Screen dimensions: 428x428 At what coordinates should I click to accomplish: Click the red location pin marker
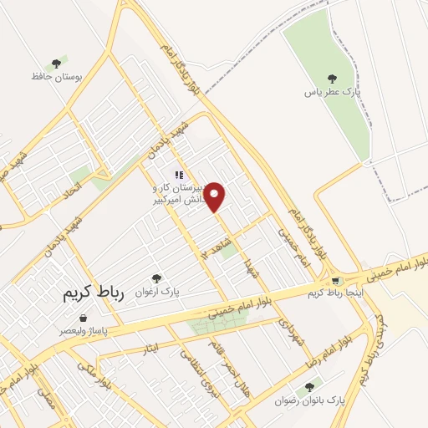pos(215,196)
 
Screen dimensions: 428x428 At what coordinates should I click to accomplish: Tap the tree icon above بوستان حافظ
pos(56,63)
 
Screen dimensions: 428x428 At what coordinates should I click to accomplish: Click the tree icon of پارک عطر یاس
pos(333,79)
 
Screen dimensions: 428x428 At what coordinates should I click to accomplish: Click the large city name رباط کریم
pos(93,295)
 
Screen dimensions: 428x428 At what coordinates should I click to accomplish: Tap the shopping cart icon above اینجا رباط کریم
pos(335,280)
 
